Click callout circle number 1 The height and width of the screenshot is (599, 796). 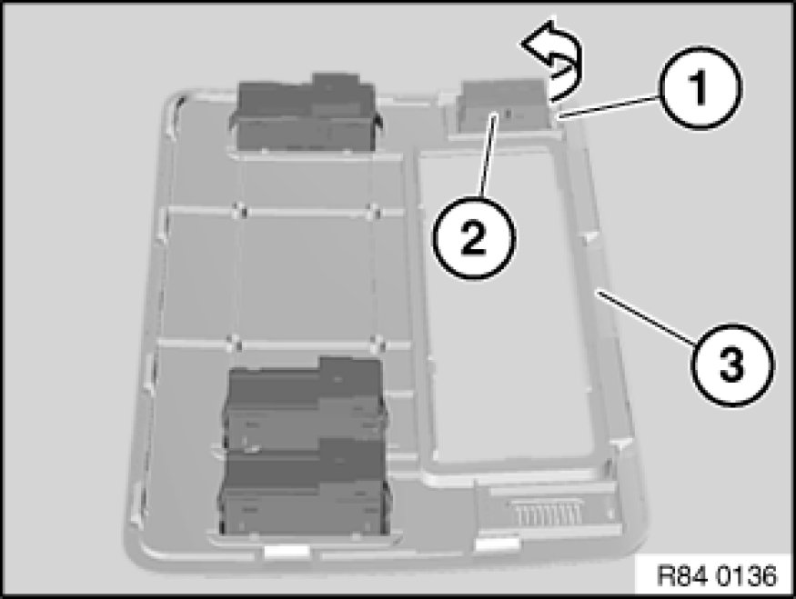(x=700, y=88)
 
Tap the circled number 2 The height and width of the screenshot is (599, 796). (x=474, y=237)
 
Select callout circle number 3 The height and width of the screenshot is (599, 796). (x=731, y=364)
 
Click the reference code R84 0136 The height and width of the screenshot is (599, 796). (x=717, y=575)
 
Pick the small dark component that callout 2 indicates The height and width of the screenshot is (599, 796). (x=502, y=105)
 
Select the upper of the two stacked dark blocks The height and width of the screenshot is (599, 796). (x=305, y=404)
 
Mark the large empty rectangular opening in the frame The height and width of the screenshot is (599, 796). (x=508, y=308)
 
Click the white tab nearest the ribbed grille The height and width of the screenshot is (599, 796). (x=497, y=544)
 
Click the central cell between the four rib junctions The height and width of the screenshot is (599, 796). (x=306, y=276)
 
